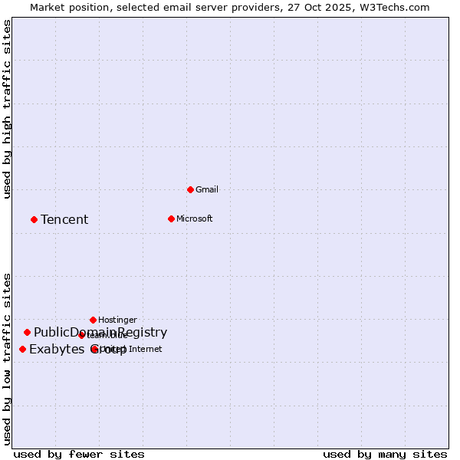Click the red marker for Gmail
coord(190,189)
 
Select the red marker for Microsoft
coord(171,219)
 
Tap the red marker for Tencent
coord(34,219)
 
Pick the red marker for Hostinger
coord(93,320)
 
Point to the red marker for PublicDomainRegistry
coord(27,332)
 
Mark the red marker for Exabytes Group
coord(22,349)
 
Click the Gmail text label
coord(207,189)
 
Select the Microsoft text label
coord(194,219)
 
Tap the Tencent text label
coord(64,220)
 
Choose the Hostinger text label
coord(117,320)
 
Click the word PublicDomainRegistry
coord(100,332)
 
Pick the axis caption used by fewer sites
coord(79,454)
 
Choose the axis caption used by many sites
coord(385,454)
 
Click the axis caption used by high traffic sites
coord(8,109)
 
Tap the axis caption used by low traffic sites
coord(8,358)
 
